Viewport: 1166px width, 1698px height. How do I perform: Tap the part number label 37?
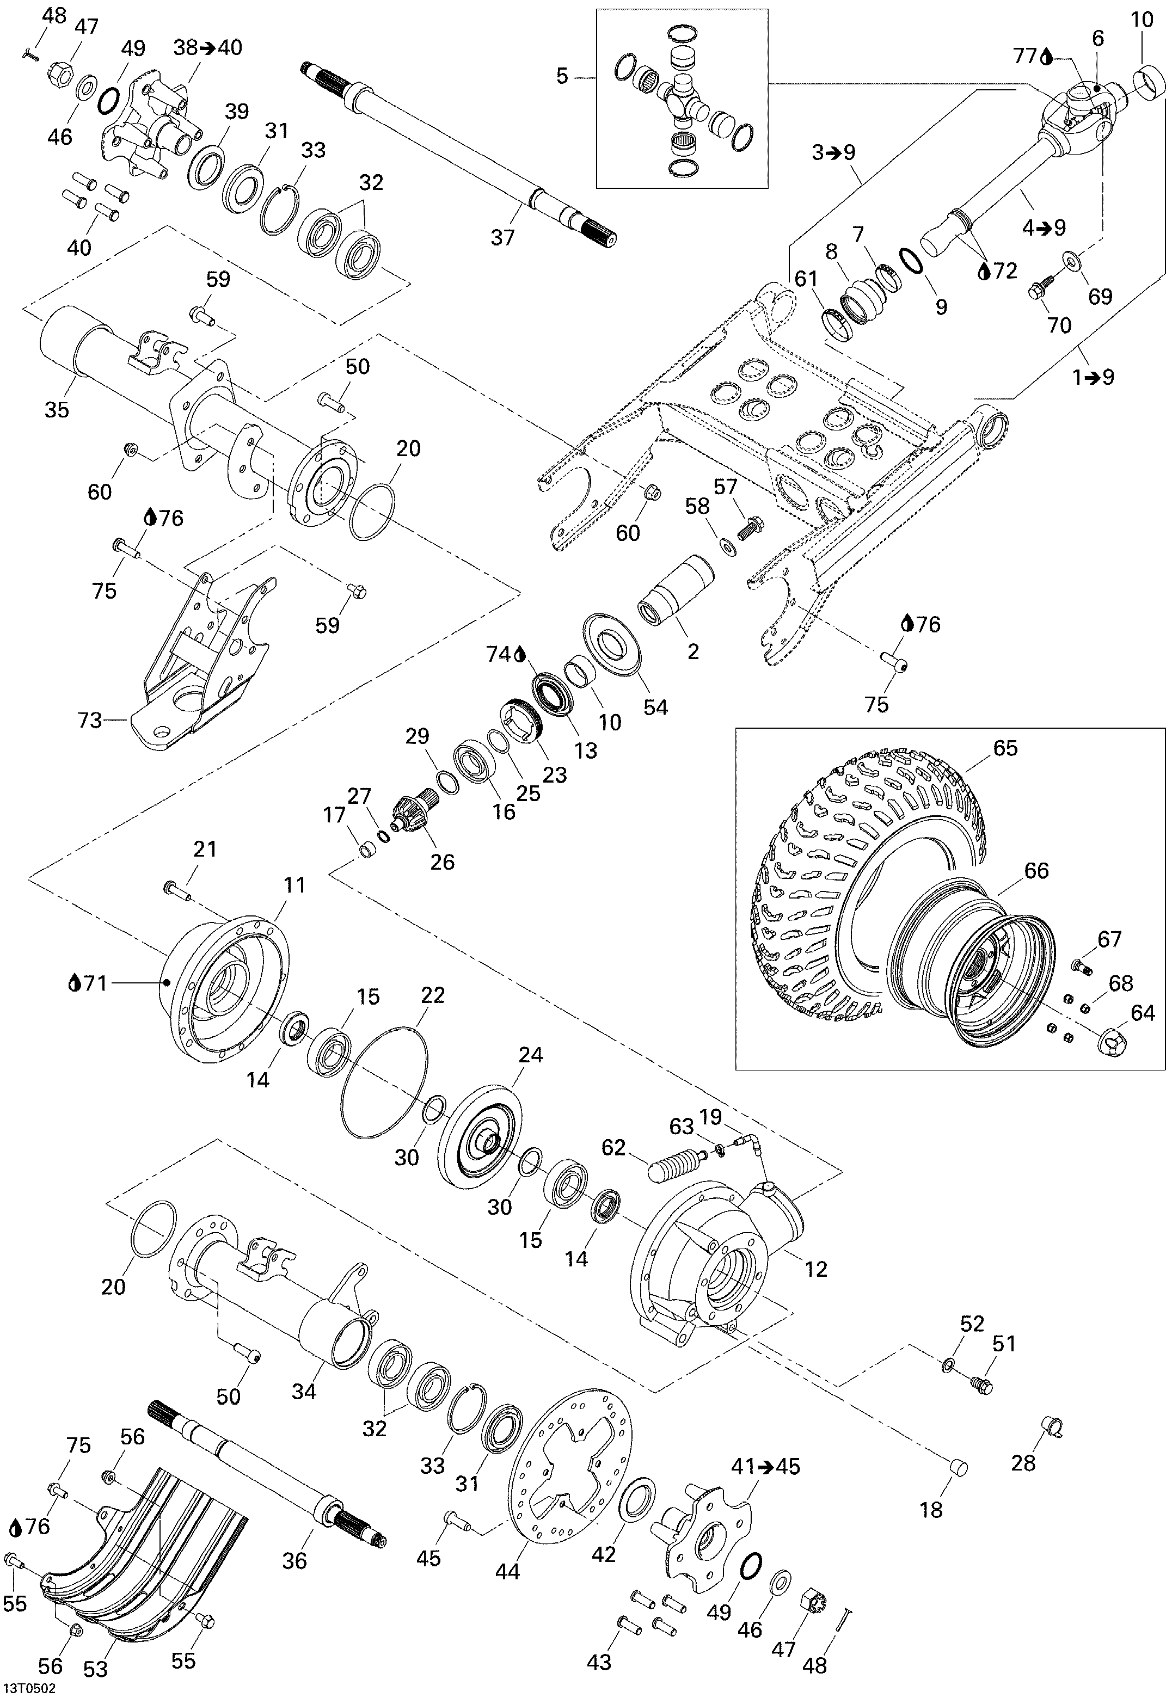point(502,237)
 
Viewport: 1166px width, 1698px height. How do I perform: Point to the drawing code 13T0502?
point(28,1689)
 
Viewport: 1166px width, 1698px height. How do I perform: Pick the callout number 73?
point(89,721)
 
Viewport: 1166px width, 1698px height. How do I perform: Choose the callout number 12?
point(815,1269)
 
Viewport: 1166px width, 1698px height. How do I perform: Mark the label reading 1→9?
point(1093,377)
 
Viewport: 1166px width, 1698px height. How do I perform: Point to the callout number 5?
point(562,76)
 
